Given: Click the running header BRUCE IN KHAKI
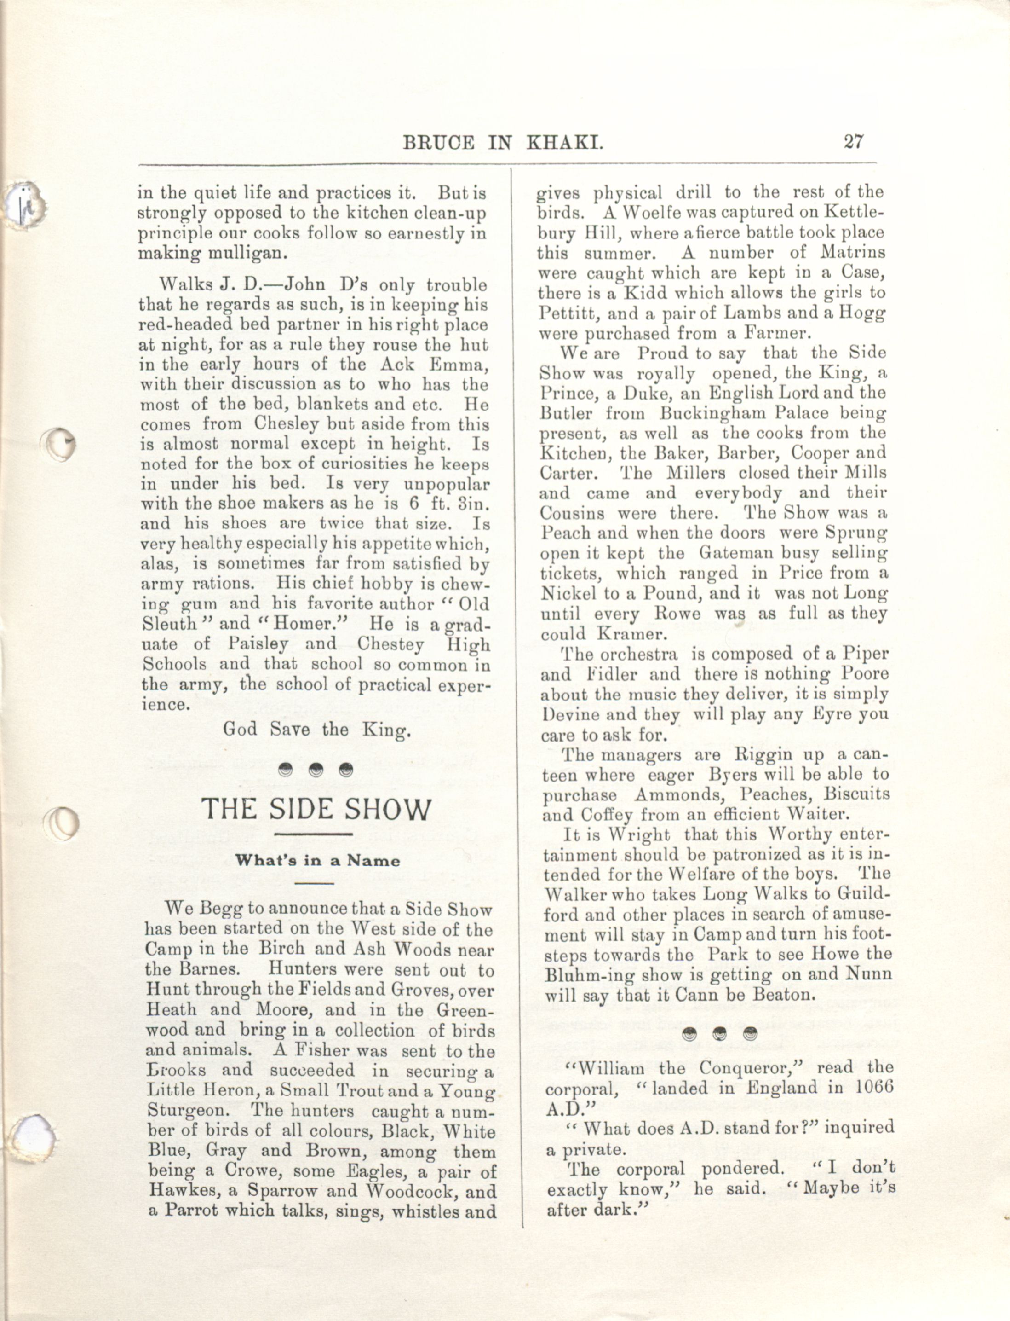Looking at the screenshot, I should tap(503, 143).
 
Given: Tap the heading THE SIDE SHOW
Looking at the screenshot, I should tap(316, 810).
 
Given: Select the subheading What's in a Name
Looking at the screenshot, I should tap(317, 860).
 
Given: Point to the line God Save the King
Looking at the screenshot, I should tap(317, 730).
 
